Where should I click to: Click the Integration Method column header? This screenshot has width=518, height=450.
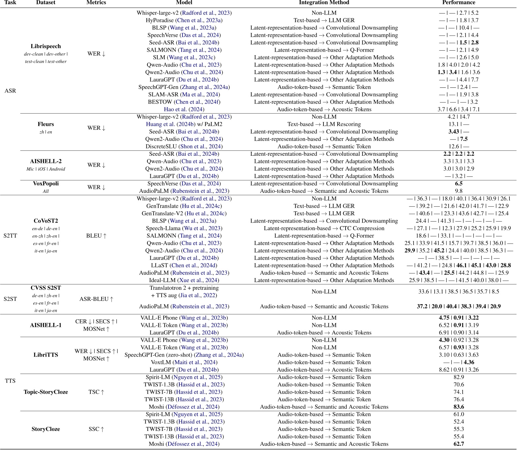(x=324, y=3)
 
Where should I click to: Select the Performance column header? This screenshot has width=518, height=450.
(x=459, y=3)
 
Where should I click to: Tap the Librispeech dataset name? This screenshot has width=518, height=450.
(x=46, y=46)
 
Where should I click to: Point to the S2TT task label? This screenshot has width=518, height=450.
(x=10, y=236)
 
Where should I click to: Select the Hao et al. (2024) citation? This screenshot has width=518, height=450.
(x=184, y=109)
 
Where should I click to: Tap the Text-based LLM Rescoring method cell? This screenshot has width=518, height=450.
(x=324, y=124)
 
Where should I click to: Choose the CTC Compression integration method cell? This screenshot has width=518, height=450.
(x=324, y=228)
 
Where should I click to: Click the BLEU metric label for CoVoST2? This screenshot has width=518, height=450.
(x=96, y=236)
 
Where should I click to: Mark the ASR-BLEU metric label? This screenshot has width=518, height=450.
(x=96, y=299)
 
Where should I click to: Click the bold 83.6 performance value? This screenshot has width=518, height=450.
(x=459, y=407)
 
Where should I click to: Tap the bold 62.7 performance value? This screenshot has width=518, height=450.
(x=459, y=444)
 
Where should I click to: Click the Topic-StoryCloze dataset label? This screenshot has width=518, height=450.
(x=46, y=392)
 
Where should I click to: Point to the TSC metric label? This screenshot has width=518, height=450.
(x=96, y=392)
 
